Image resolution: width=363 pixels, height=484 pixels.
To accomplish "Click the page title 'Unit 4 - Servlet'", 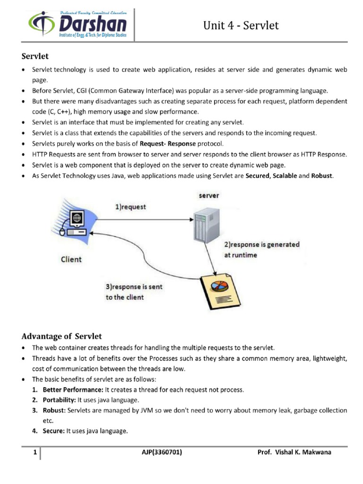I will click(x=241, y=26).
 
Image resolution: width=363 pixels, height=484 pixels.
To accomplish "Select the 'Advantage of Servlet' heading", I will click(x=62, y=336).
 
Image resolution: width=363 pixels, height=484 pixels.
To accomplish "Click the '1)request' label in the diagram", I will click(x=131, y=207).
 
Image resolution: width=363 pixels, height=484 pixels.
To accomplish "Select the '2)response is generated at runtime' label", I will click(x=261, y=250).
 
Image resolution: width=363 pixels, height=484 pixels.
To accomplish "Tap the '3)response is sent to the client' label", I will click(x=134, y=292).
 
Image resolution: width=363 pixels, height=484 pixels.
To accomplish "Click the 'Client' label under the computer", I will click(x=71, y=259).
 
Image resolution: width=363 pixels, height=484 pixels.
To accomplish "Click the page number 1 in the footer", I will click(x=35, y=452).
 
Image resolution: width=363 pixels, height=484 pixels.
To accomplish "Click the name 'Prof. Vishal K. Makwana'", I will click(x=294, y=452).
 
